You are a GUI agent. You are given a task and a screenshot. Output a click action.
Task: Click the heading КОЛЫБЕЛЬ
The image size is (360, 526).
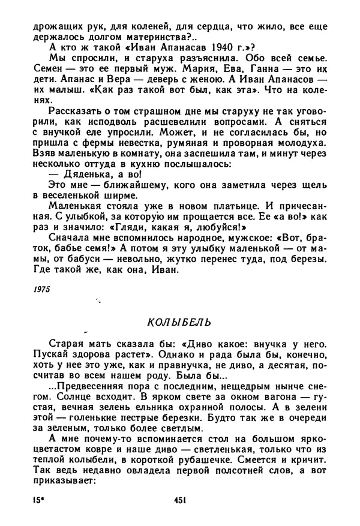(x=178, y=322)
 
